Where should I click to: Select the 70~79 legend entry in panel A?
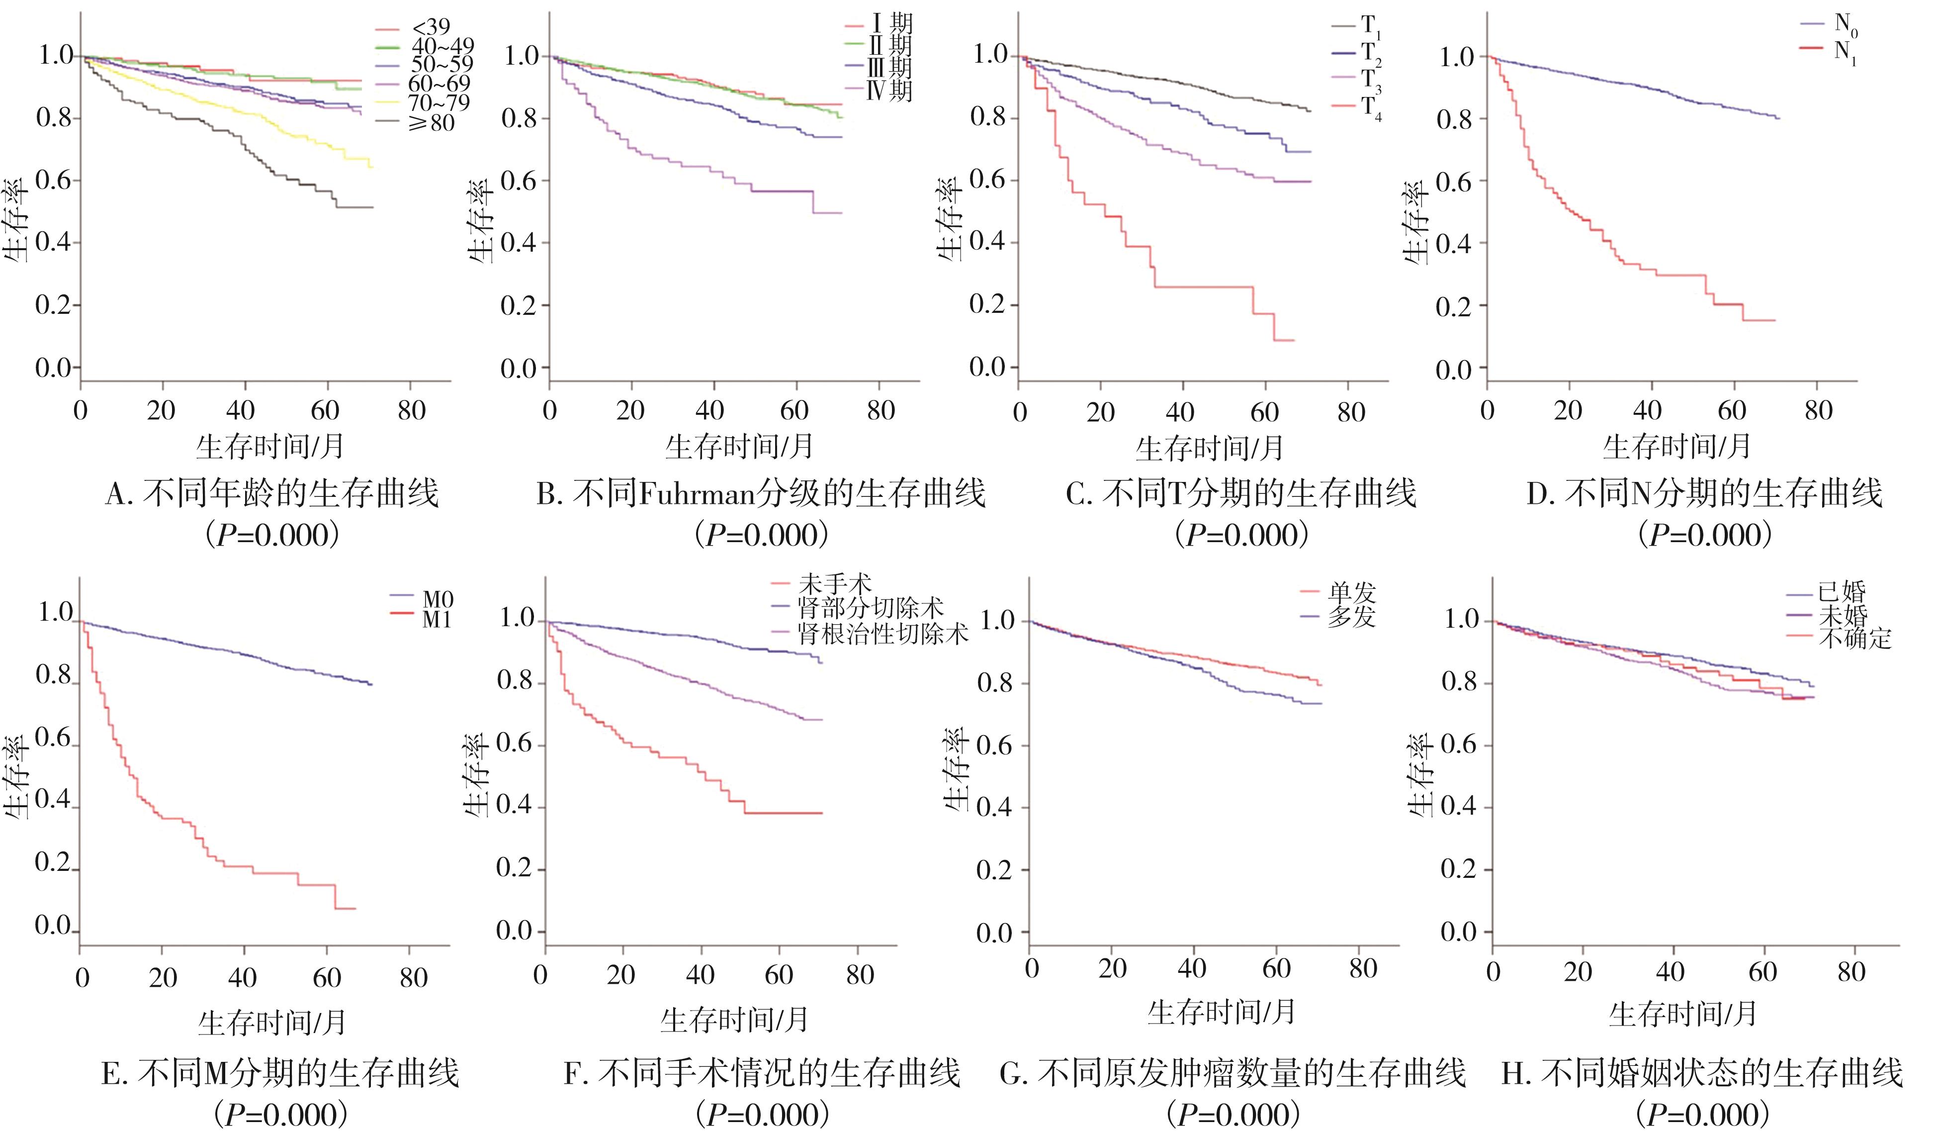pos(439,103)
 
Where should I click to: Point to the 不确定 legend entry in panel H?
pos(1854,639)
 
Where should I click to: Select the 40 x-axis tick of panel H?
pos(1669,972)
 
